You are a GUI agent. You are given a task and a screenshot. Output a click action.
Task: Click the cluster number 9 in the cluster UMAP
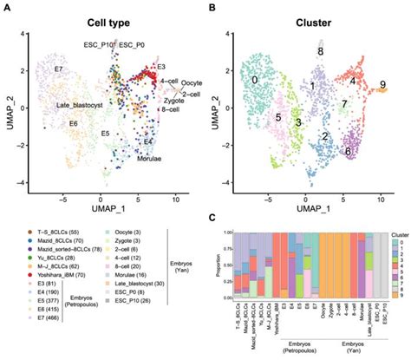(x=382, y=85)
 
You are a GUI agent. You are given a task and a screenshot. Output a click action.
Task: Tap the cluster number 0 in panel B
(x=255, y=80)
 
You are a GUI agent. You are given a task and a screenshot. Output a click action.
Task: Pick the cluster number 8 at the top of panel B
(x=320, y=52)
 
